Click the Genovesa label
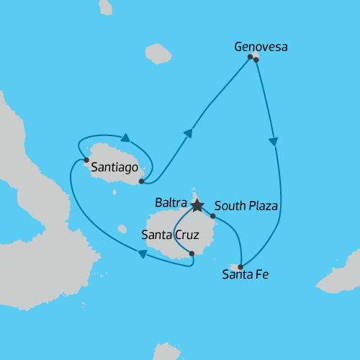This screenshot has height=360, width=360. tap(261, 48)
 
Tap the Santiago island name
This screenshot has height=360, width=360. tap(114, 166)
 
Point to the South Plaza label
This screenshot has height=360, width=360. tap(246, 206)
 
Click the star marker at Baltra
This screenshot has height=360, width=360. tap(197, 206)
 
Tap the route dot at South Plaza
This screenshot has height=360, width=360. tap(212, 215)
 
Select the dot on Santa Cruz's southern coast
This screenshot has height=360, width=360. tap(192, 253)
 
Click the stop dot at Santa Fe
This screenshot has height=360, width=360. tap(240, 266)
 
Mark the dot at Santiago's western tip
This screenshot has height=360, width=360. tap(86, 160)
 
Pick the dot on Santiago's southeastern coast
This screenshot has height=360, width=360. tap(141, 181)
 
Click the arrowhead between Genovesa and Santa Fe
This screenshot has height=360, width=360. tap(273, 142)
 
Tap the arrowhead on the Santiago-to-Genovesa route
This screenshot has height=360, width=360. tap(189, 132)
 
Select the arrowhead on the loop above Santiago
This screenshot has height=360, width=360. tap(125, 138)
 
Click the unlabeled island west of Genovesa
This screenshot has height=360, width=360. tap(158, 54)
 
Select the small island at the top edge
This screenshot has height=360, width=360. tap(106, 6)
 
